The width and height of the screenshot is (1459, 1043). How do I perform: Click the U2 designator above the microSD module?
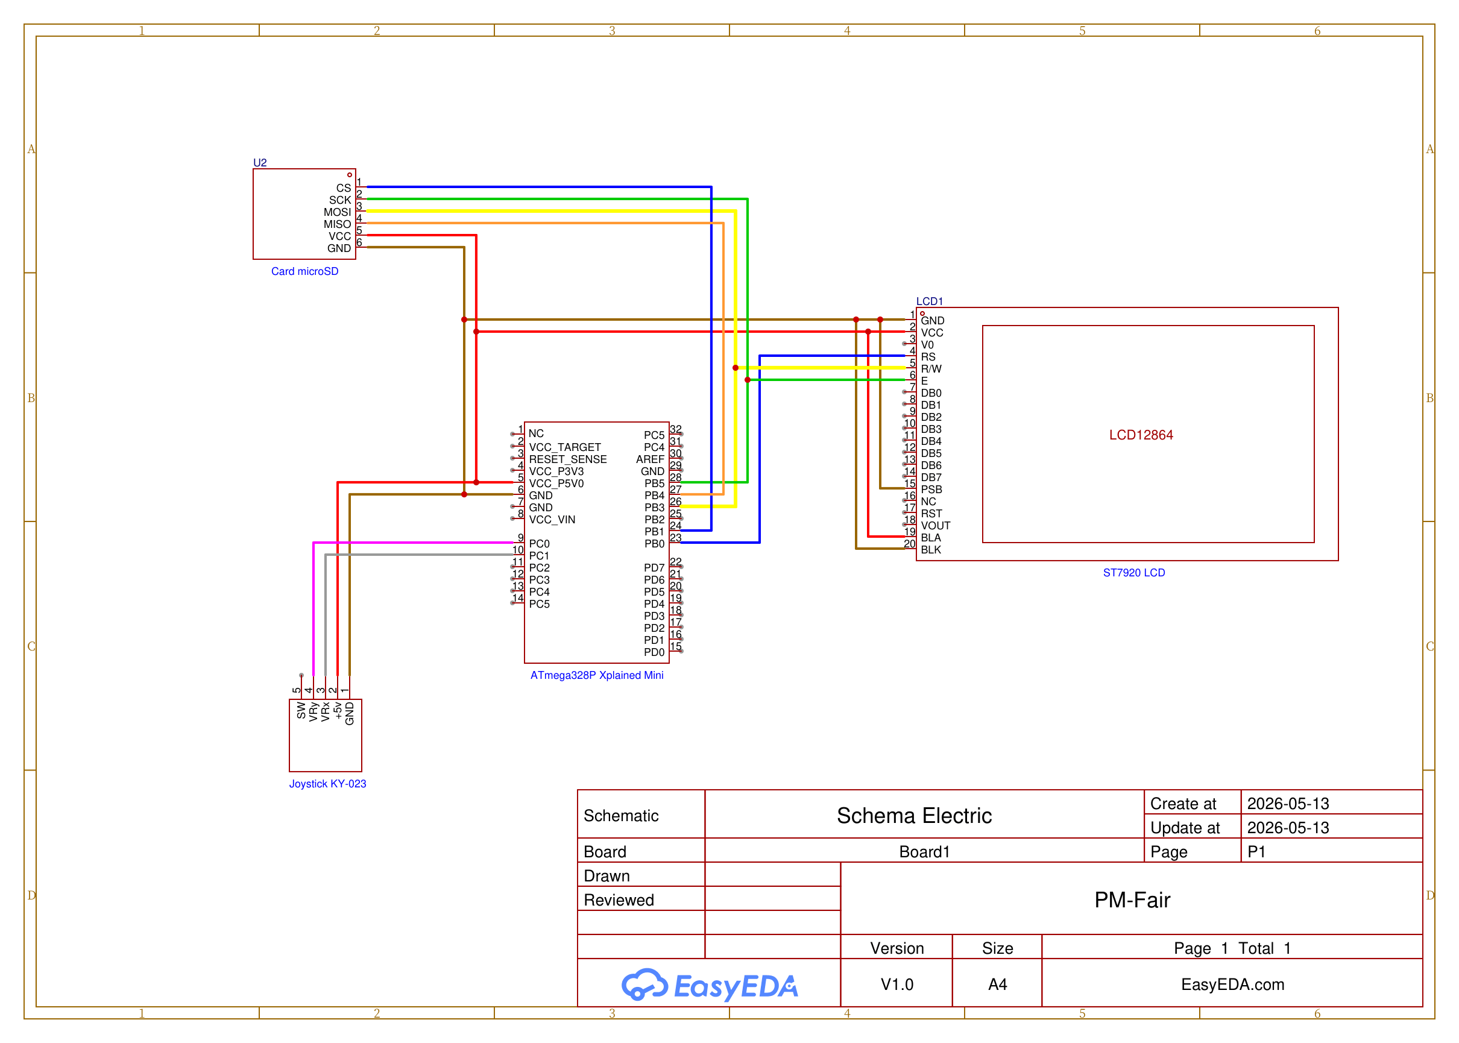259,163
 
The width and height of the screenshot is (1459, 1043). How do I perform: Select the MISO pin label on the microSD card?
337,224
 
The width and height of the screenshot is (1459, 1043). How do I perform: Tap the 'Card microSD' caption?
304,271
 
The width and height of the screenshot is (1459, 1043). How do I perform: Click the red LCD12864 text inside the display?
1141,435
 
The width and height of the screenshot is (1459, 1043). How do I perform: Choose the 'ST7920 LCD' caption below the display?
1133,572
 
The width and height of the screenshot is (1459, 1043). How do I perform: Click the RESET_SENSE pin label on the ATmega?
568,459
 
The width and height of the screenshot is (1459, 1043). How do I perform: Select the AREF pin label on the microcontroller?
650,459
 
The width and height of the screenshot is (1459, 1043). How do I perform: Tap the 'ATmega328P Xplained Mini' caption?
597,675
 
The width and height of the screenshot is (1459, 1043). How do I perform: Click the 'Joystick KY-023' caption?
327,784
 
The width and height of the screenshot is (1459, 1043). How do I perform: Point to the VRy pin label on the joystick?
314,711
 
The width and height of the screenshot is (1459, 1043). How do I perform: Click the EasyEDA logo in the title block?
710,985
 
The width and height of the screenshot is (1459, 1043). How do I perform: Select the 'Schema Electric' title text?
914,816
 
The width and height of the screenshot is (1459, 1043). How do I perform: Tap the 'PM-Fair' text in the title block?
1132,900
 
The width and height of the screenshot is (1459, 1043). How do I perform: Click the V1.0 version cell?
897,984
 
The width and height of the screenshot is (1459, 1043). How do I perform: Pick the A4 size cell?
997,984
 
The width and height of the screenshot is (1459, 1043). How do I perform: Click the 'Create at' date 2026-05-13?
1288,804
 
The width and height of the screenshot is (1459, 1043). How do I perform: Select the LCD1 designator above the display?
929,301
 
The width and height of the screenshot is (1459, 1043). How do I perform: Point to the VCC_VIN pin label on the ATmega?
552,520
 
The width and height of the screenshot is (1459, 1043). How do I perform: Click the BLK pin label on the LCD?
930,550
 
